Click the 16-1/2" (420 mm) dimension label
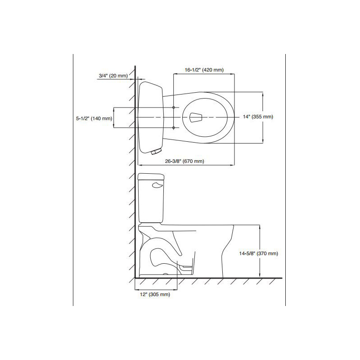click(x=204, y=70)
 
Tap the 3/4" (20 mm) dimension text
click(x=113, y=76)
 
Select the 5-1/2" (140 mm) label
click(x=94, y=118)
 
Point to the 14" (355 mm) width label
click(x=258, y=117)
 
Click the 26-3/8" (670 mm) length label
click(x=184, y=161)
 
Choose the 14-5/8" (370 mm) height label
click(x=258, y=253)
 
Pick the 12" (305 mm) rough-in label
click(x=155, y=294)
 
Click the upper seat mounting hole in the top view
click(x=174, y=108)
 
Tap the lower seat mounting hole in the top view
click(x=174, y=128)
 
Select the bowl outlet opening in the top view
click(x=196, y=117)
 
